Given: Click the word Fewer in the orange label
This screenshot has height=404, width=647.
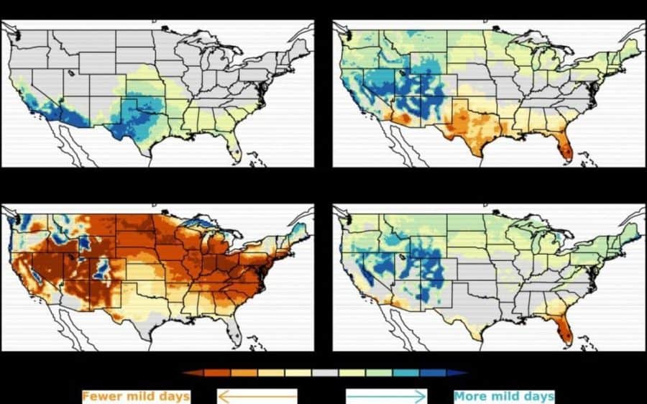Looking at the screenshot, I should coord(101,397).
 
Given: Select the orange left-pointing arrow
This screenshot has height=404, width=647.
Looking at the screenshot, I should coord(257,397).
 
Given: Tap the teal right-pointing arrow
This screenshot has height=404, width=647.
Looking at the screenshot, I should coord(387,397).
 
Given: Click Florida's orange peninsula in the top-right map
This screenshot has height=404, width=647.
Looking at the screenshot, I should coord(565,151).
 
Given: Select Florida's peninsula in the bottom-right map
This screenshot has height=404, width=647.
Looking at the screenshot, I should coord(565,334).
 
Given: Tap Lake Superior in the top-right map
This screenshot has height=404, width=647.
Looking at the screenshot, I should coord(524,42).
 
